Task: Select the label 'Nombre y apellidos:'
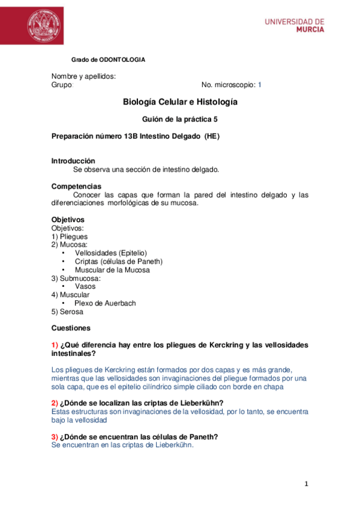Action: tap(83, 76)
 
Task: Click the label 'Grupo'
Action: tap(62, 85)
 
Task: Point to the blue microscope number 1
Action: tap(260, 85)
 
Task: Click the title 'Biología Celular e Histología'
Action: tap(180, 102)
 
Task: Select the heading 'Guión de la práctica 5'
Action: tap(180, 119)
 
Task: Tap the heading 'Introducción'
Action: tap(73, 161)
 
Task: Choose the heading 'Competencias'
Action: tap(76, 186)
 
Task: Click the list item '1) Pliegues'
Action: tap(70, 236)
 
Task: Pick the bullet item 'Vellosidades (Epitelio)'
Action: tap(111, 253)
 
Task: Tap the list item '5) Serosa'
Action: tap(67, 312)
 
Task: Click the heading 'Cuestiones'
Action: tap(71, 328)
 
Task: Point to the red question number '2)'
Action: tap(55, 403)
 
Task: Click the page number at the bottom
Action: tap(306, 484)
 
